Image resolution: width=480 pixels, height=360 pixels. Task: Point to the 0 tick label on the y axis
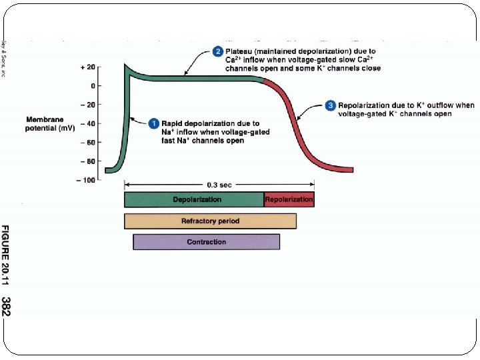click(x=92, y=86)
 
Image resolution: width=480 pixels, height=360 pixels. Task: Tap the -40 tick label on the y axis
click(x=87, y=123)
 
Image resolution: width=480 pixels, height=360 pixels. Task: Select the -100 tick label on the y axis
click(x=85, y=180)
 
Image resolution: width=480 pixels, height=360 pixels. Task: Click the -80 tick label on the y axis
click(x=87, y=161)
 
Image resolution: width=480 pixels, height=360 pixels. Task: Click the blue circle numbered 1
click(x=153, y=123)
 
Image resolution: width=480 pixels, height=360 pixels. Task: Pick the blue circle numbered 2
click(x=217, y=51)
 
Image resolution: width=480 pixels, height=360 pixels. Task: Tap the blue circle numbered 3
click(x=330, y=105)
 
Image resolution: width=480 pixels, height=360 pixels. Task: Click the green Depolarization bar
click(x=194, y=199)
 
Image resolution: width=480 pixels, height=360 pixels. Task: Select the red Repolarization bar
click(x=289, y=199)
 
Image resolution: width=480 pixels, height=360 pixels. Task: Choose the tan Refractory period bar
click(x=210, y=221)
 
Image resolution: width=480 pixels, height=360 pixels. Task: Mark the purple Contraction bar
click(x=206, y=241)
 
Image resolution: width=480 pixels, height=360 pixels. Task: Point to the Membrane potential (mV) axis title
click(x=49, y=123)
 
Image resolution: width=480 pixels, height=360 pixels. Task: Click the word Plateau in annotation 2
click(x=239, y=51)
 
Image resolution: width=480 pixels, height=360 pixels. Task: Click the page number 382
click(x=7, y=306)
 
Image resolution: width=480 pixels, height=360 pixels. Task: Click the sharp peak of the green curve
click(x=125, y=65)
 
